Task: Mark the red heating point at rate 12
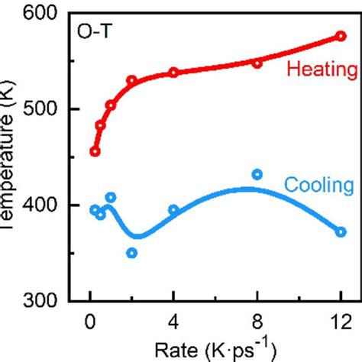[x=341, y=37]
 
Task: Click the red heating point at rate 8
[x=257, y=63]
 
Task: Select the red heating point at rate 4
[x=173, y=73]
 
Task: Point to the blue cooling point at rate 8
[x=257, y=175]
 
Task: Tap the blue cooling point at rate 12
[x=341, y=231]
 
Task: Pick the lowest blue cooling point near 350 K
[x=131, y=253]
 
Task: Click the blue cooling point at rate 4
[x=173, y=210]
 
